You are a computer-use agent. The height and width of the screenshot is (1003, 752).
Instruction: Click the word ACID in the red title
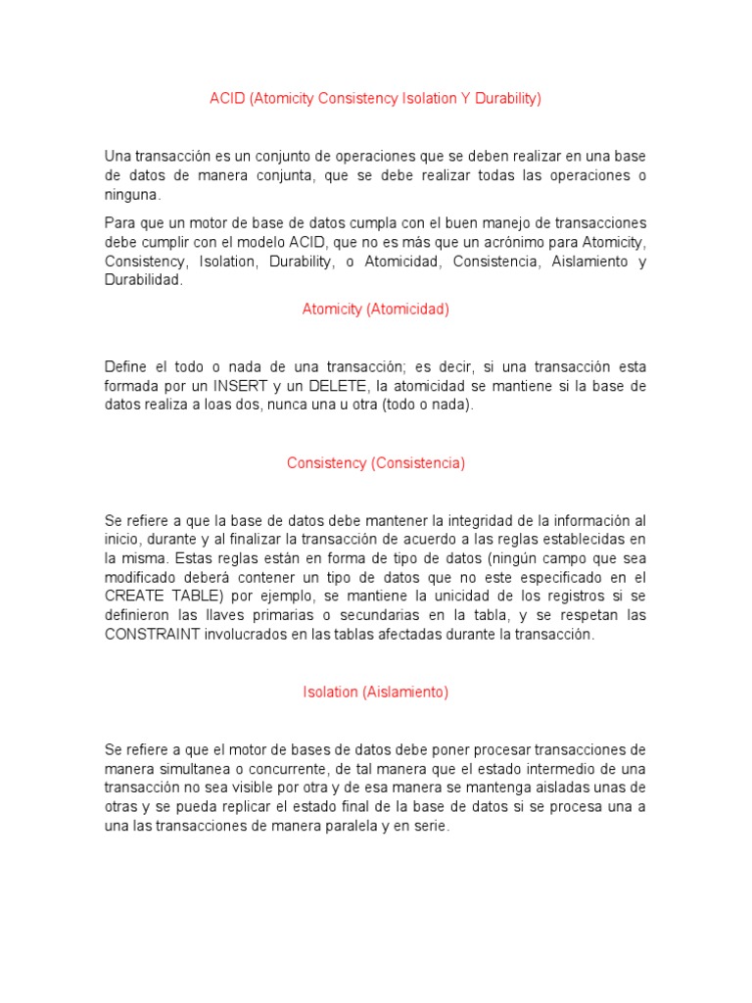(x=226, y=99)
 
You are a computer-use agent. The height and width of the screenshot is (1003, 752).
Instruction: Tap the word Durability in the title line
(x=503, y=99)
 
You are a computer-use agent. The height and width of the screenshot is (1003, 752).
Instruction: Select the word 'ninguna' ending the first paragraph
(x=132, y=195)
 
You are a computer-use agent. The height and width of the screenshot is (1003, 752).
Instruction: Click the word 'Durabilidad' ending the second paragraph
(x=143, y=280)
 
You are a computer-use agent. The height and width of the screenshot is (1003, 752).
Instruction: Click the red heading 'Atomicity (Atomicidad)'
(x=375, y=310)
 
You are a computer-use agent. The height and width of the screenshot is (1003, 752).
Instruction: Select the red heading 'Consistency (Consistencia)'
(x=376, y=463)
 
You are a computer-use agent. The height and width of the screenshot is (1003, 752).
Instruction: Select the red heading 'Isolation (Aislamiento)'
(x=375, y=693)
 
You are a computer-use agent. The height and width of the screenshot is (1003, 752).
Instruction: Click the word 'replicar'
(x=261, y=807)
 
